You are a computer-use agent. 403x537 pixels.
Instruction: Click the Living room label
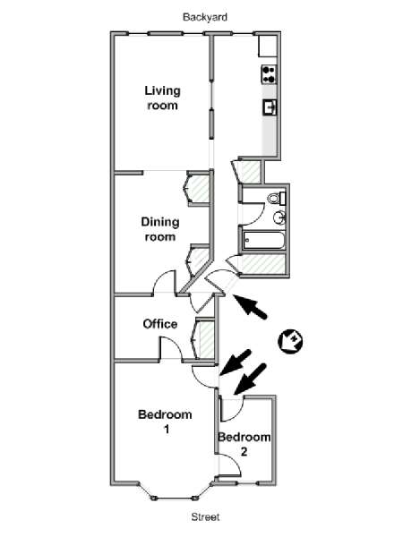[162, 98]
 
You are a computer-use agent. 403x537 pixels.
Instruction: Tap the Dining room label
[160, 229]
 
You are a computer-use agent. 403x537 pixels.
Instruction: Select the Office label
[160, 324]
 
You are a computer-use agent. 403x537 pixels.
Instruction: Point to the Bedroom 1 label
[165, 422]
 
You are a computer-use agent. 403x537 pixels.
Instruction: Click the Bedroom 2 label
[244, 444]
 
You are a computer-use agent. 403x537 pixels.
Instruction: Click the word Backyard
[205, 17]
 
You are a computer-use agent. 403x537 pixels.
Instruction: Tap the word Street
[205, 516]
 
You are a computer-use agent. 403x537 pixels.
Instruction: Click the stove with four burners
[269, 74]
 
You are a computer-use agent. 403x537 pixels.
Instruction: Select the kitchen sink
[270, 107]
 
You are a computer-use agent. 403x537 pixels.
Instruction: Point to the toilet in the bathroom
[277, 199]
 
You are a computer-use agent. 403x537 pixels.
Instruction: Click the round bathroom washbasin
[279, 217]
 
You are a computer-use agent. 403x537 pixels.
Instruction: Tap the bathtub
[263, 241]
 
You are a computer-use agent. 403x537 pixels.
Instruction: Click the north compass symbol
[290, 341]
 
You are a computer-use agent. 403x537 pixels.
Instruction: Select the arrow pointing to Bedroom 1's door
[235, 362]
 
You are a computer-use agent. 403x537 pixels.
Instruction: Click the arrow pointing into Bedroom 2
[250, 379]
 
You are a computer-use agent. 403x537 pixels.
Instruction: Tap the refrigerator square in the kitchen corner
[267, 46]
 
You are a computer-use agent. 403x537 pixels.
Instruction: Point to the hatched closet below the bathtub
[263, 264]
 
